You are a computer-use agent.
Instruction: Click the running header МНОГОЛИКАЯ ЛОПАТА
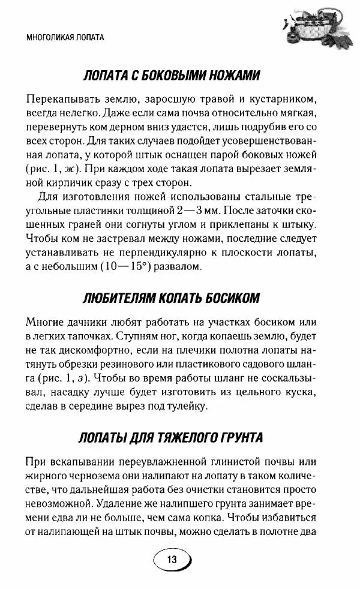tap(66, 37)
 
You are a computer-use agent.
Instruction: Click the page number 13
tap(172, 559)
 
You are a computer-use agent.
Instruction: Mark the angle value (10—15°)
tap(118, 266)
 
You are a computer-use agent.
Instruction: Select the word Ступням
tap(140, 336)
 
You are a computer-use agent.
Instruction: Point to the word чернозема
tap(92, 475)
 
